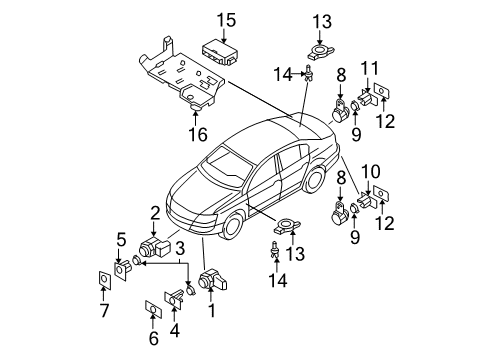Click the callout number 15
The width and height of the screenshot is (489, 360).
(x=227, y=20)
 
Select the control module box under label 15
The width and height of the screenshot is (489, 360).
(x=221, y=52)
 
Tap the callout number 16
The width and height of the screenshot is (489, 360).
(x=198, y=135)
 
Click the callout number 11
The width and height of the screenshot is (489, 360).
(x=370, y=68)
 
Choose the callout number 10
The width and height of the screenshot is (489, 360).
(x=371, y=172)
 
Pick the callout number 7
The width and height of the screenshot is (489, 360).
(x=104, y=311)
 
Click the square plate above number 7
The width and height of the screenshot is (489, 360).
(x=105, y=279)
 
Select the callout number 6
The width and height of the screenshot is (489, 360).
(x=153, y=338)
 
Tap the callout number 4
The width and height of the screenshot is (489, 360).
(x=175, y=331)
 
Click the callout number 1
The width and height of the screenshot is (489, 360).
(x=212, y=311)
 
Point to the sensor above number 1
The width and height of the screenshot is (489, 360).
(x=212, y=279)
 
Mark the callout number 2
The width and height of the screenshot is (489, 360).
(x=155, y=213)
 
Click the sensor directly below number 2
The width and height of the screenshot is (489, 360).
(x=154, y=248)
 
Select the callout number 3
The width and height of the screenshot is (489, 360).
(x=180, y=248)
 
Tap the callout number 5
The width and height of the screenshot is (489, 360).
(x=121, y=239)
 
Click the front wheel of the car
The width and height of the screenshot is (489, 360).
(x=232, y=225)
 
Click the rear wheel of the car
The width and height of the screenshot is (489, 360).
(x=315, y=180)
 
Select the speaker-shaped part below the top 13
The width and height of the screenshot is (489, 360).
(x=320, y=52)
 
